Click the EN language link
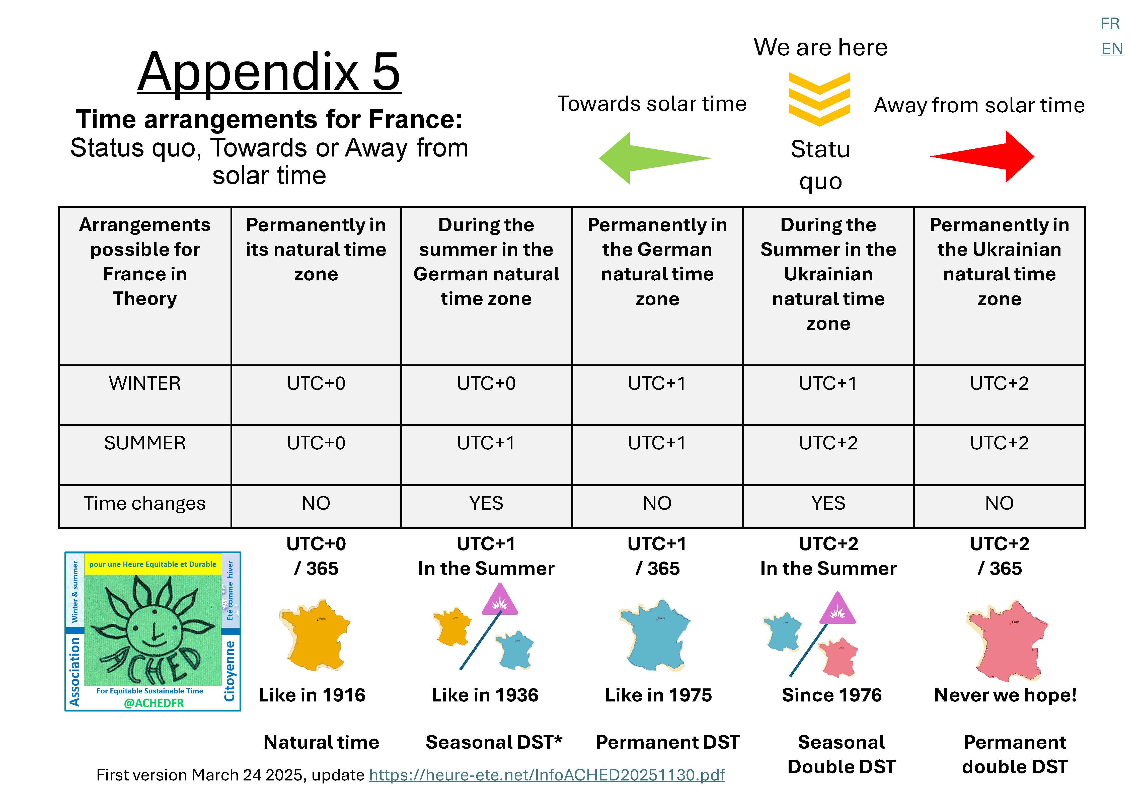(x=1112, y=49)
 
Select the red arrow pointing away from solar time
(x=988, y=156)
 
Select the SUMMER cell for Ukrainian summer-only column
(x=828, y=443)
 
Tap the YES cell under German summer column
(x=486, y=503)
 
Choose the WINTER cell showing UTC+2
(x=999, y=384)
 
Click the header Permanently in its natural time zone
(x=316, y=250)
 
